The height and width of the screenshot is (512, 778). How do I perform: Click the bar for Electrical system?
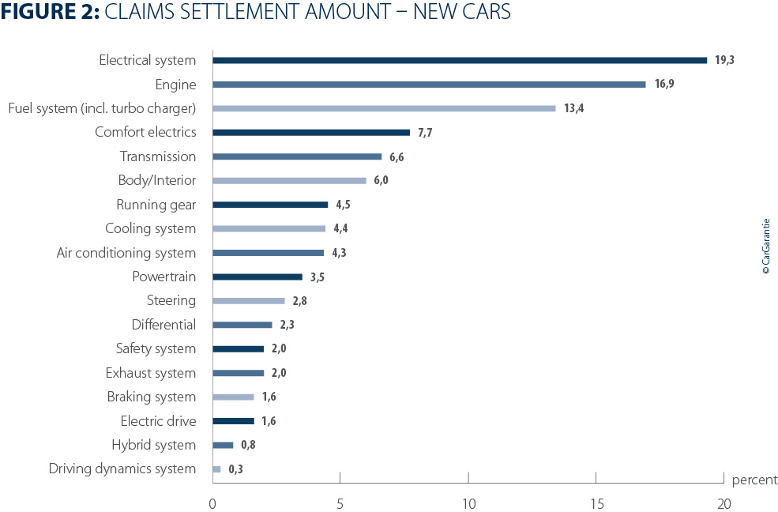coord(460,60)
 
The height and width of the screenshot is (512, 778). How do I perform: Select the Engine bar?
coord(429,84)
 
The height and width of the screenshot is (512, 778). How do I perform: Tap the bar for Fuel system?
coord(384,108)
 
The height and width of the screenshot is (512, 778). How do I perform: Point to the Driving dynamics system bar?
coord(216,469)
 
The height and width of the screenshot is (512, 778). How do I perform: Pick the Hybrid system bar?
coord(223,445)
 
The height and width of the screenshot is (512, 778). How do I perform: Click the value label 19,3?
coord(725,60)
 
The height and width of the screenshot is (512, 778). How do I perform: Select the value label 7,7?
coord(424,133)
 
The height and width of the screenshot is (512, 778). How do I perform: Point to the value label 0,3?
coord(235,469)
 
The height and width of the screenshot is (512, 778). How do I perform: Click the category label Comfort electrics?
coord(145,132)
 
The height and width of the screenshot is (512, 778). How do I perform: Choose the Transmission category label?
coord(158,156)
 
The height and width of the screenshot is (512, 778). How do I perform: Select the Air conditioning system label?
coord(126,253)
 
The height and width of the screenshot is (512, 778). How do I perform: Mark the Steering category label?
coord(171,300)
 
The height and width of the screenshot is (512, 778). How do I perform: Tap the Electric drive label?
coord(158,421)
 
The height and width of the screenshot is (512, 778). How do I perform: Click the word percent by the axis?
coord(754,480)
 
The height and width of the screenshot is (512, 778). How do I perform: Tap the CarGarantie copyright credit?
coord(765,247)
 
